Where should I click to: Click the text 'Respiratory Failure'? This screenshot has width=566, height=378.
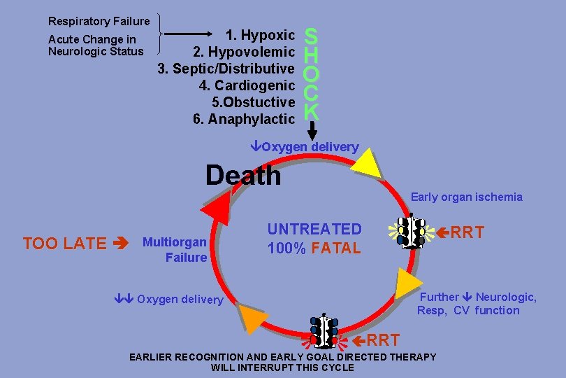(x=99, y=22)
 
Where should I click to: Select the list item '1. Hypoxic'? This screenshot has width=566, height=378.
(x=259, y=34)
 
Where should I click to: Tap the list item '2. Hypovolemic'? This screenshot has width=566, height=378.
(x=244, y=52)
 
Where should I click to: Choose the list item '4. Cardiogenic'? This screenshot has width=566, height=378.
(x=247, y=85)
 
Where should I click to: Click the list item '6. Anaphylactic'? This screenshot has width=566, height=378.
(x=243, y=119)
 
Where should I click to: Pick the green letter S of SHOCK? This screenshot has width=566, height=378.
(x=312, y=35)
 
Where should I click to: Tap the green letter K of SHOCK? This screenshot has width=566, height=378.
(x=312, y=111)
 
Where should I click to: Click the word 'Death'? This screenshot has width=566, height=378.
(x=243, y=175)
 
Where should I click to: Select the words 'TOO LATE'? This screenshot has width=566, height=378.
(x=65, y=244)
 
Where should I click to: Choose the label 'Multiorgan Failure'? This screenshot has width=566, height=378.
(x=175, y=250)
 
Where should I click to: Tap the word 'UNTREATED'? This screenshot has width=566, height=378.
(x=314, y=229)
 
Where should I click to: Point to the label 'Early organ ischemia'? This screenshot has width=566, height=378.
(x=466, y=197)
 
